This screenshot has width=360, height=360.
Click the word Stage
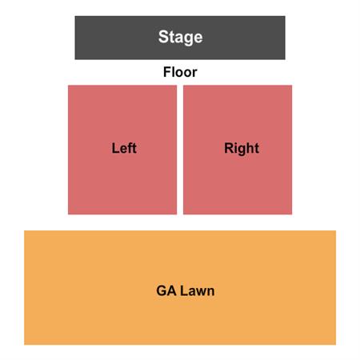180,37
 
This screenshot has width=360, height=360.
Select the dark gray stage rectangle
180,38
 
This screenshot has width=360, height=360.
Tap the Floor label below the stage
180,72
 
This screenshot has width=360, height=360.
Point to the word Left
124,148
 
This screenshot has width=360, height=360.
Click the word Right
242,149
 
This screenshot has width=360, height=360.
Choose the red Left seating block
122,150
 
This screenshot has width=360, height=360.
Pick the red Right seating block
238,150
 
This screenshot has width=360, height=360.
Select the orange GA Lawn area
180,287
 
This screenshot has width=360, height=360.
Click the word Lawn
198,290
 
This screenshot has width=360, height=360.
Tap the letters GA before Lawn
166,290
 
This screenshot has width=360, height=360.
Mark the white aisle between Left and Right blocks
180,150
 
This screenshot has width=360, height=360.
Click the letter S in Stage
163,37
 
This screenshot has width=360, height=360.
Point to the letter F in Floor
167,72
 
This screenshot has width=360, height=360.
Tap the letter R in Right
229,148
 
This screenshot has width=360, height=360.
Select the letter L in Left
115,148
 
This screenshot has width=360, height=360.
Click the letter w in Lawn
201,292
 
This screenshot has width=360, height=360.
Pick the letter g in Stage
189,39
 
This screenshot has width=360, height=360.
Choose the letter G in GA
162,290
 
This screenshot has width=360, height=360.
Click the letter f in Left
130,148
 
